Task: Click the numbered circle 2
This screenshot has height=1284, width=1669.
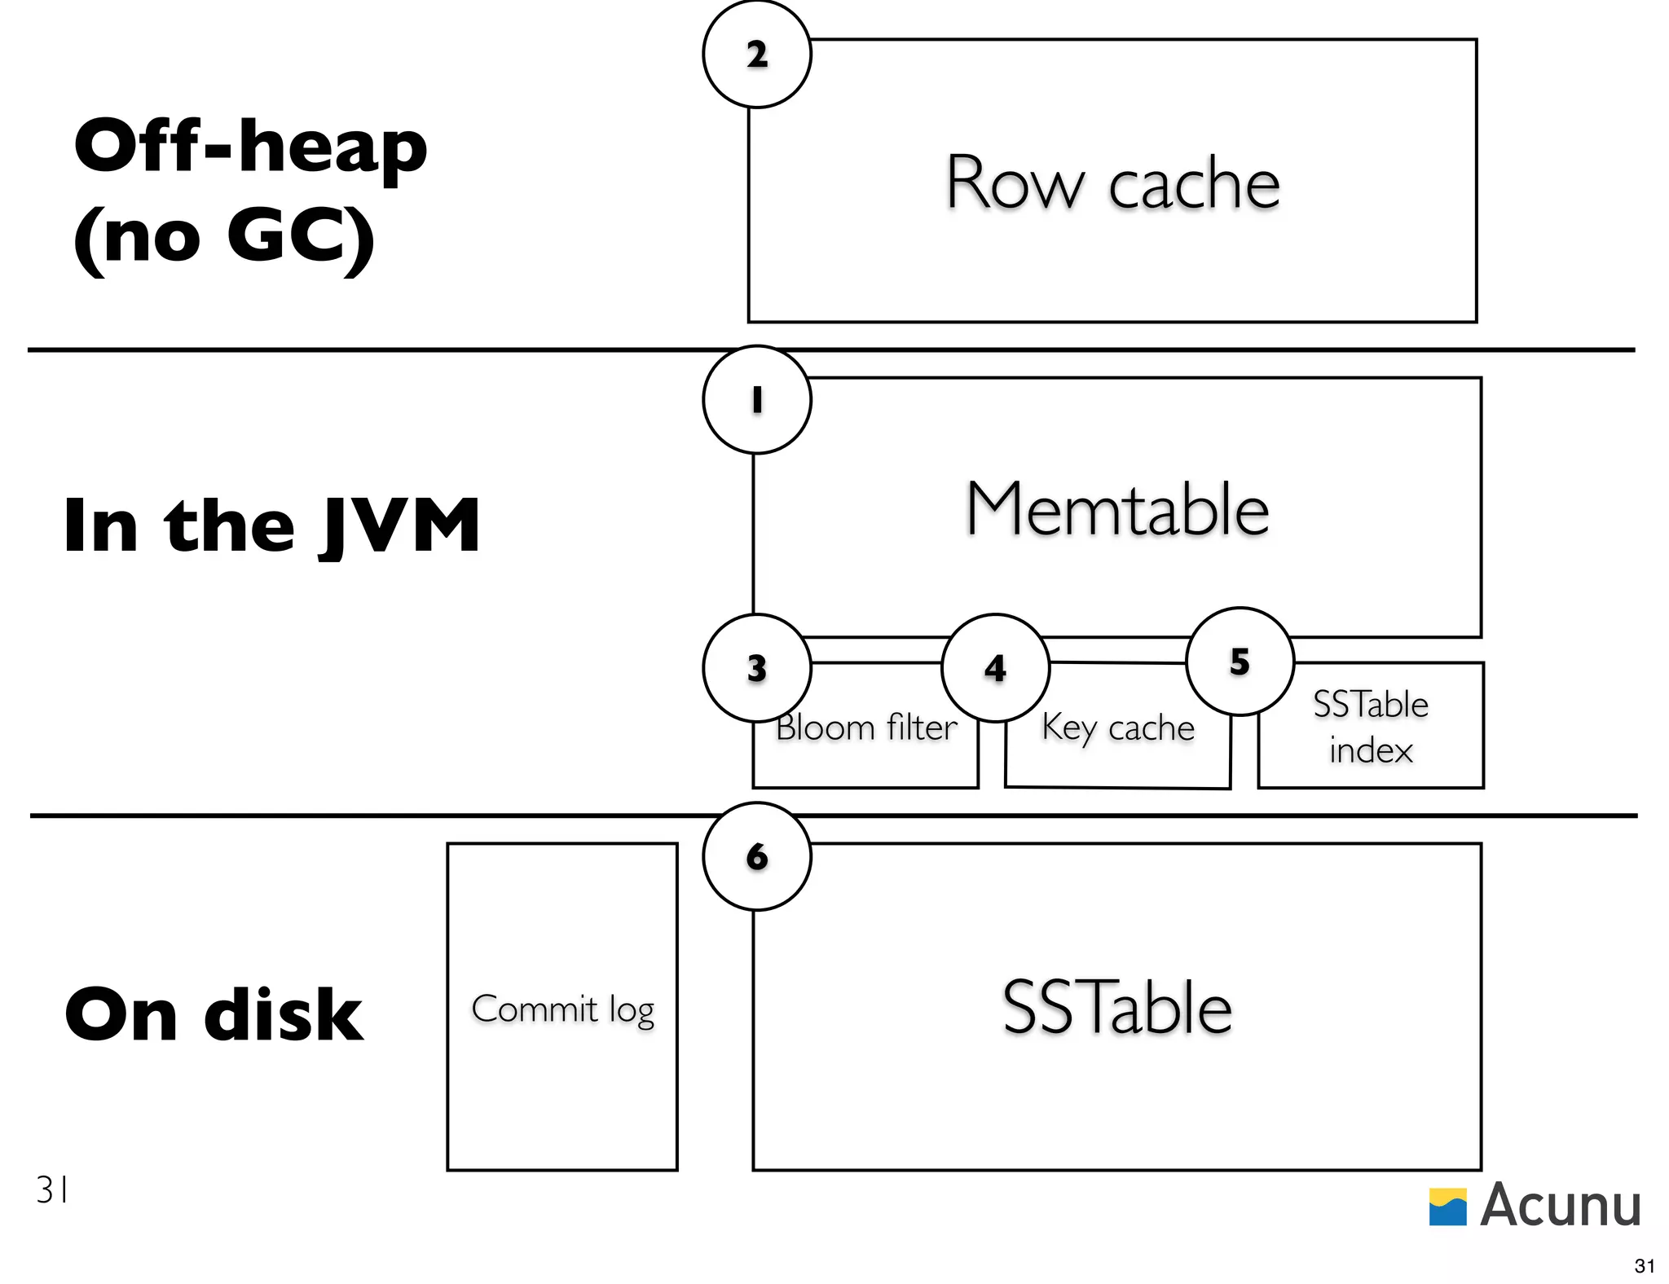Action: coord(756,54)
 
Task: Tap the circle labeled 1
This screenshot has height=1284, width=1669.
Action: coord(756,399)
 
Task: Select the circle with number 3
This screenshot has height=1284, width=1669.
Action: coord(756,667)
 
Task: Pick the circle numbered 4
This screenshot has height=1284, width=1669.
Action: coord(994,667)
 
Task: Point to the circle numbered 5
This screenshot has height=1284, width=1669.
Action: coord(1240,661)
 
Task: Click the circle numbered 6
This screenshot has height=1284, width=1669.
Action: coord(756,855)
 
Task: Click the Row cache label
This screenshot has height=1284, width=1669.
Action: coord(1112,183)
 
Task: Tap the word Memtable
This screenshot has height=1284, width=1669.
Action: coord(1116,508)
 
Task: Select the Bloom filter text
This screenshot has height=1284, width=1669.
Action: coord(865,727)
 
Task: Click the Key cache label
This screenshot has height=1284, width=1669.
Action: coord(1117,727)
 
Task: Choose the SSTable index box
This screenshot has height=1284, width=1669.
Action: coord(1370,726)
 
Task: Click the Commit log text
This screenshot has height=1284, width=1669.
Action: coord(562,1009)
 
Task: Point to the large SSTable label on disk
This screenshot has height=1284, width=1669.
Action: coord(1116,1008)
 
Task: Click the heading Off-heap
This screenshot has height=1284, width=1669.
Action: coord(250,147)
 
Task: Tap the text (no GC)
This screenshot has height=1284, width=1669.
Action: coord(224,236)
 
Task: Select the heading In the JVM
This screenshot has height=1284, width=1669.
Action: coord(271,525)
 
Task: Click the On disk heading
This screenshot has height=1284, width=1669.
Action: coord(214,1014)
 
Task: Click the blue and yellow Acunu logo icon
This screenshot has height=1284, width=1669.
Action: coord(1447,1207)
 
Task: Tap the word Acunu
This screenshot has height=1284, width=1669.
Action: coord(1560,1205)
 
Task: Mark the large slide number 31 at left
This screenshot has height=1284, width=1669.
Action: coord(51,1190)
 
